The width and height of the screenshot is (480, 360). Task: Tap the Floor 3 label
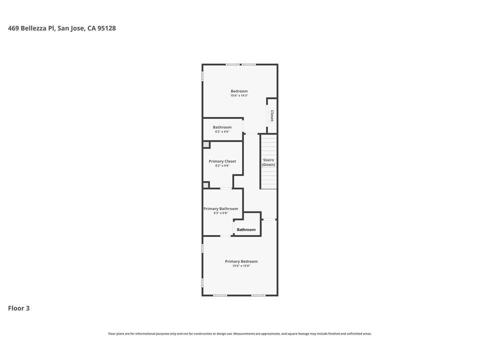[18, 308]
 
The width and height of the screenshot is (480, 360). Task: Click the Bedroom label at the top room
[239, 91]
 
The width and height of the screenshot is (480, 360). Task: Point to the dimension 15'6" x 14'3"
[239, 95]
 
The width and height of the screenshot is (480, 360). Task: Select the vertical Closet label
[272, 116]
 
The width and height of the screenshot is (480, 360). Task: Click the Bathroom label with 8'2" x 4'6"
[222, 127]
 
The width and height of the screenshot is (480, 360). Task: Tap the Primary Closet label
[222, 161]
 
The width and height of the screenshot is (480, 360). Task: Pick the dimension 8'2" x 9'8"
[222, 165]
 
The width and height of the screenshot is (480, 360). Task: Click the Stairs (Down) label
[268, 162]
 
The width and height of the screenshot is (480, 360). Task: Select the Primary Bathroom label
[220, 208]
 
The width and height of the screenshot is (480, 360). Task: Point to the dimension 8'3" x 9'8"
[220, 213]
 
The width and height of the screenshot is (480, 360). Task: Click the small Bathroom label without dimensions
[246, 229]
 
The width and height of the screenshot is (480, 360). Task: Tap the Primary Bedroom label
[241, 261]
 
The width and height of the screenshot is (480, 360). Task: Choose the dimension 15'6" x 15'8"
[241, 266]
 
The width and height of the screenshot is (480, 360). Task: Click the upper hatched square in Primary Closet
[206, 145]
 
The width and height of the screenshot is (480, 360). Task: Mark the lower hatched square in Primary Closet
[206, 184]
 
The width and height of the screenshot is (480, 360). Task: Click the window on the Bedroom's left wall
[202, 76]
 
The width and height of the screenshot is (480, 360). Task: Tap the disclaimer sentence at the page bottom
[240, 333]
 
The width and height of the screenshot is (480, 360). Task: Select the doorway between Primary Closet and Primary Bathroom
[226, 188]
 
